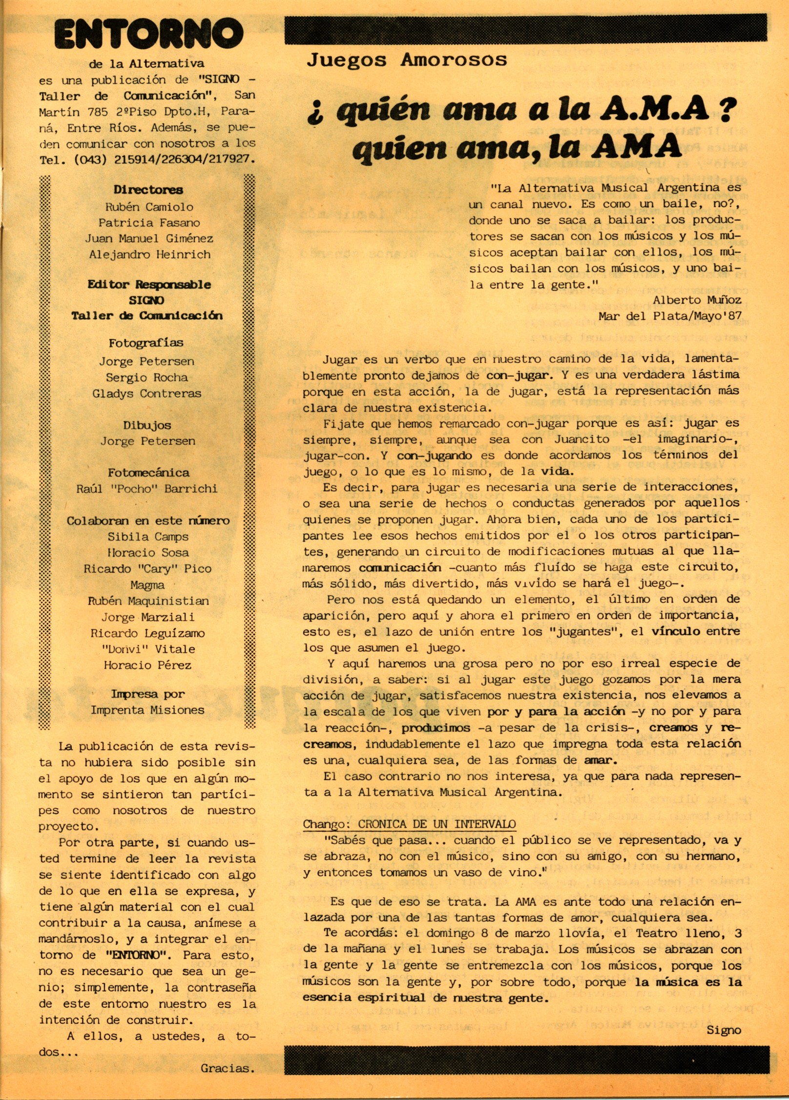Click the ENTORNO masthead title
(148, 35)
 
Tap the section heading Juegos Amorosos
(407, 60)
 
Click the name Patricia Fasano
(149, 223)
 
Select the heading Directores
(148, 190)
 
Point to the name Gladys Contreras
(147, 393)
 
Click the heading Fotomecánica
(148, 472)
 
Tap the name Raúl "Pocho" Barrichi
(147, 488)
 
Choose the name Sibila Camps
(148, 537)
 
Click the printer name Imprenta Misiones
(147, 710)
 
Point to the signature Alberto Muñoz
(697, 300)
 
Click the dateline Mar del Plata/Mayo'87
(670, 316)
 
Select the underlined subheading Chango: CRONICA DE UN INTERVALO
(409, 824)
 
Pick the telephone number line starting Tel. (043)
(147, 160)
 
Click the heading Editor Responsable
(149, 284)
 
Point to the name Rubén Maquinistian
(148, 601)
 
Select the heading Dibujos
(147, 425)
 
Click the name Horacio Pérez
(147, 665)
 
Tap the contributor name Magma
(147, 585)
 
